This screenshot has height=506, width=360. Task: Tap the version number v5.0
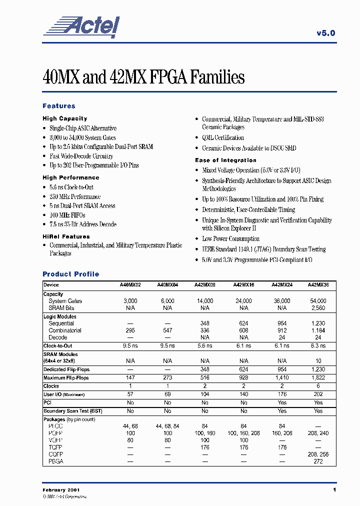click(x=325, y=33)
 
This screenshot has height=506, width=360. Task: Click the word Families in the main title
click(x=216, y=77)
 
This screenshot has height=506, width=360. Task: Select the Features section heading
click(x=59, y=106)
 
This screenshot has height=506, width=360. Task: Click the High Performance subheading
click(x=70, y=177)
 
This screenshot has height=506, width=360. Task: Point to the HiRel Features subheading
click(x=66, y=236)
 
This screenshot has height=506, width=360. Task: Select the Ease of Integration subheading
click(x=225, y=160)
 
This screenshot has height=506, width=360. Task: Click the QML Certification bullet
click(x=222, y=138)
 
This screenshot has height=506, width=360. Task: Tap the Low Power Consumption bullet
click(x=230, y=239)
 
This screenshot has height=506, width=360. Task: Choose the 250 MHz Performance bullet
click(x=75, y=196)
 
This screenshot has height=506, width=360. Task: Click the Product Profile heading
click(x=70, y=274)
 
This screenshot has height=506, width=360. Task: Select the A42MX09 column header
click(x=205, y=285)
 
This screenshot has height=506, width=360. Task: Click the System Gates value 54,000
click(x=318, y=301)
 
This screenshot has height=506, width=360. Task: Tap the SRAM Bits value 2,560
click(x=318, y=308)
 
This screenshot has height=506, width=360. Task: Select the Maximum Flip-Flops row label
click(x=66, y=378)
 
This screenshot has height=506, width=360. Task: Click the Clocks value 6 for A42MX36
click(x=318, y=386)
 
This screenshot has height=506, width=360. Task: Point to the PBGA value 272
click(x=318, y=461)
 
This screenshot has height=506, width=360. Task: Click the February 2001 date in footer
click(x=61, y=490)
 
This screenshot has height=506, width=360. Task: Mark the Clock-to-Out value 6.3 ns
click(x=318, y=345)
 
